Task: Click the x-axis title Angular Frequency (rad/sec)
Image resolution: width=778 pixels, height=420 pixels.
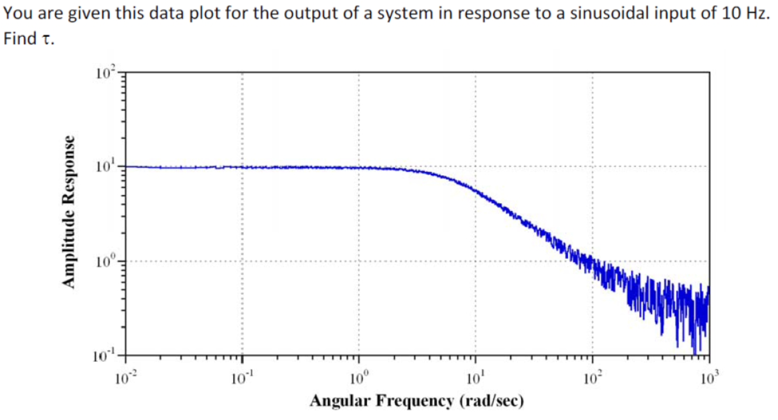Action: pyautogui.click(x=417, y=401)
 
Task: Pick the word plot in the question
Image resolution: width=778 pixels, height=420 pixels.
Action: pyautogui.click(x=176, y=14)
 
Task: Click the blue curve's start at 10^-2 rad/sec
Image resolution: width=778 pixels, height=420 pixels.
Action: pyautogui.click(x=126, y=167)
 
